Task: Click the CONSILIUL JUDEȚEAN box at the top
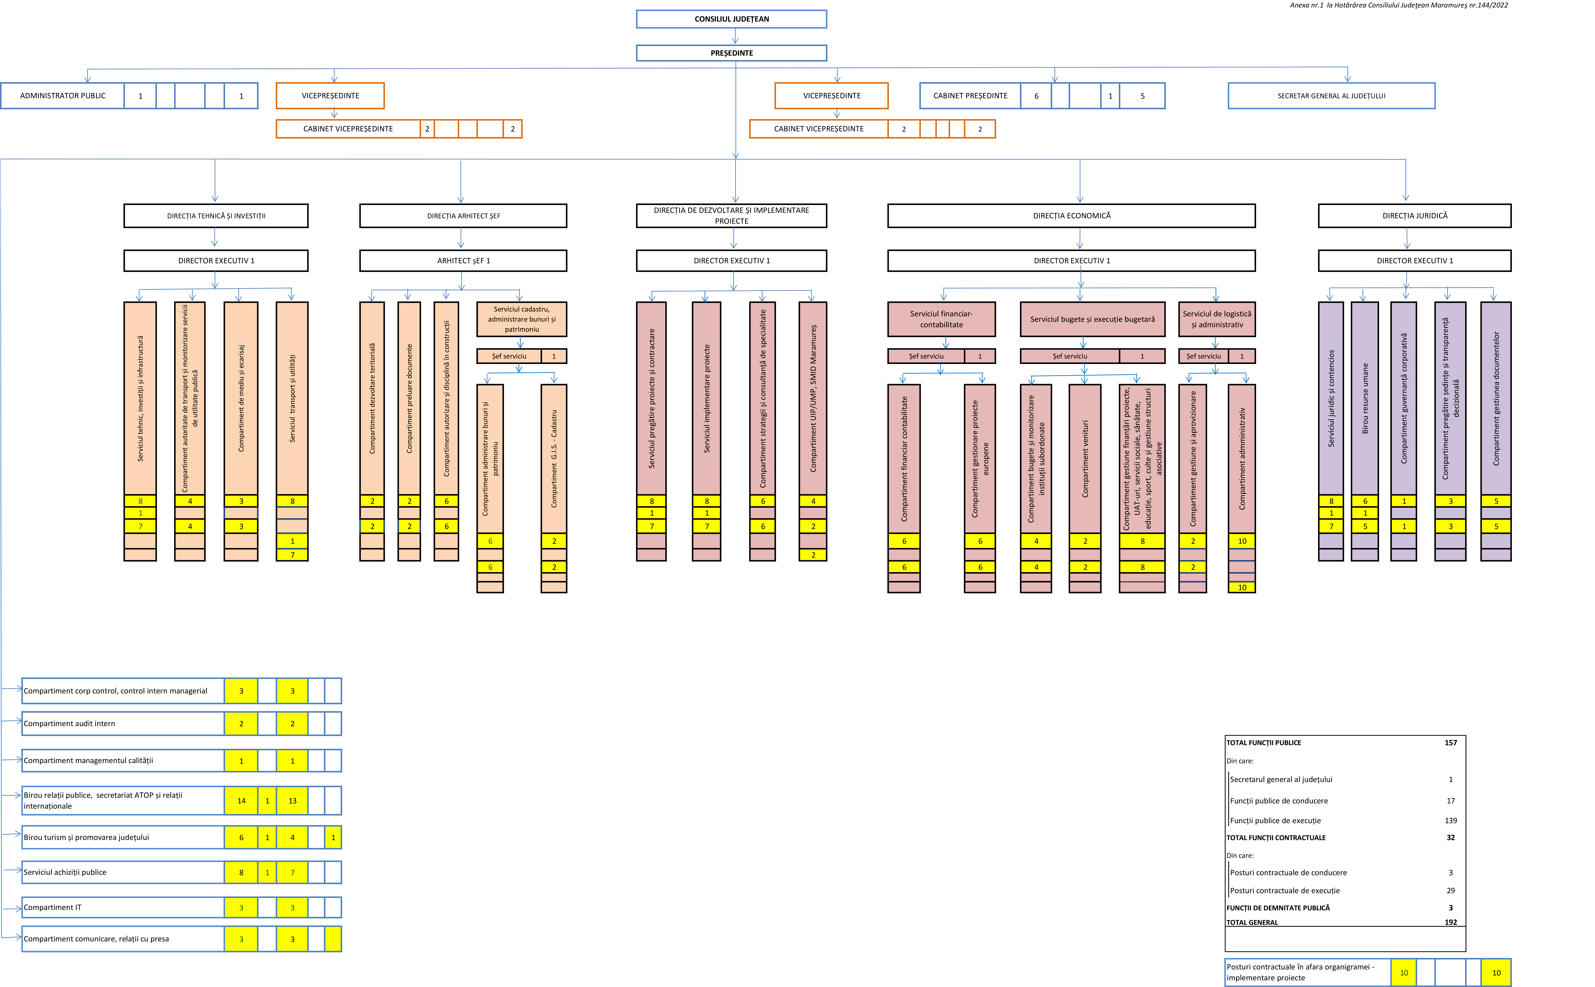tap(731, 19)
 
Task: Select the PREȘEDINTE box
tap(731, 53)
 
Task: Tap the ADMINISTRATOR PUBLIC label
tap(63, 96)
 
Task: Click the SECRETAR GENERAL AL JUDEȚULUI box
tap(1331, 96)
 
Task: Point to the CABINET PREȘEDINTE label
tap(970, 96)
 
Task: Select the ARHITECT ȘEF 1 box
tap(463, 260)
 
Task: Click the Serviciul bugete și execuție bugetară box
tap(1092, 319)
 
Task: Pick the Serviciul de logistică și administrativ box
tap(1217, 319)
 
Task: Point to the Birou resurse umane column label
tap(1365, 398)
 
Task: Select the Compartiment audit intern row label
tap(69, 723)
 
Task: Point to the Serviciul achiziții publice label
tap(65, 872)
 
